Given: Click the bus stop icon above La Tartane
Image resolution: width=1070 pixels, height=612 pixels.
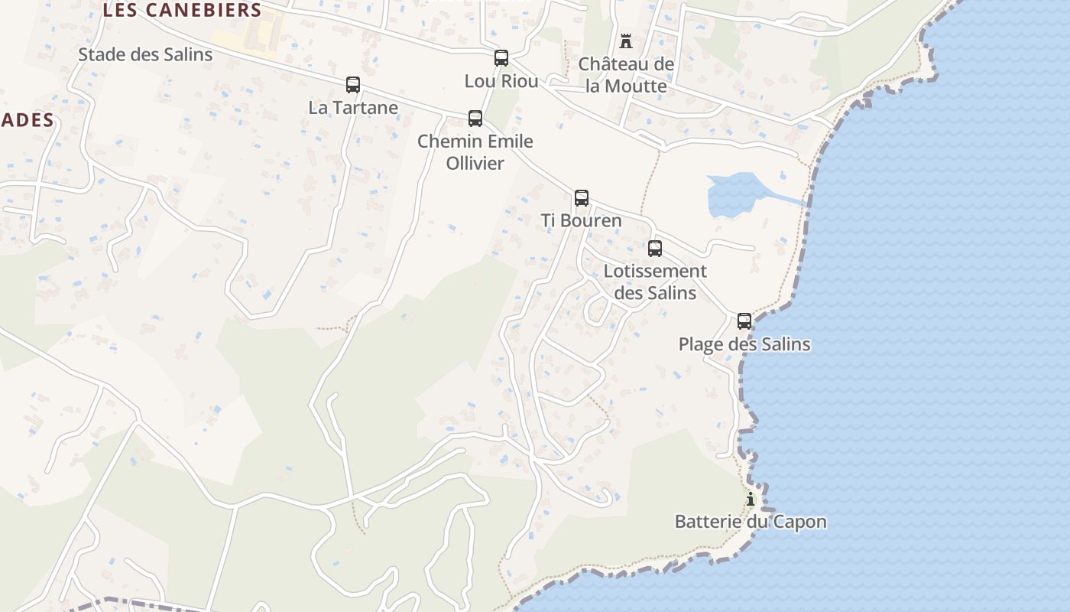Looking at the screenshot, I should coord(353,85).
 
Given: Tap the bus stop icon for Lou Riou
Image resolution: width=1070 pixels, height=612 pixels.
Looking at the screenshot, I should coord(501,58).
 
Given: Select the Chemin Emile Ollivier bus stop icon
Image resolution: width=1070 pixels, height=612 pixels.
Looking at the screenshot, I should coord(475,119).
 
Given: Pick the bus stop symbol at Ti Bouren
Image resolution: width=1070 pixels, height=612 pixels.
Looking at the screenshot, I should coord(582,198).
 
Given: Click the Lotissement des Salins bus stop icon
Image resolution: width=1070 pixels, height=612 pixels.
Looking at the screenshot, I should coord(655,249).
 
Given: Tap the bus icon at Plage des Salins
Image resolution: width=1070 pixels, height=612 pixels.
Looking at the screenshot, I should coord(744,321).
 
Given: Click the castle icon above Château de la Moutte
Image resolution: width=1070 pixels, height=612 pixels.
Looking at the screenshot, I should coord(626,41).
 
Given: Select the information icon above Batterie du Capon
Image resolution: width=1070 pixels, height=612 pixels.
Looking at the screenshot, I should coord(751,500).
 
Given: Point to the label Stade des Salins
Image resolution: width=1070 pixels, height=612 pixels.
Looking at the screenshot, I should coord(145,54).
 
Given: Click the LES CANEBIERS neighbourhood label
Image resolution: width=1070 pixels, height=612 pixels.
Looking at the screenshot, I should coord(182,11).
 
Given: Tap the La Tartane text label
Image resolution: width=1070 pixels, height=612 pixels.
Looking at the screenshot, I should coord(353,107).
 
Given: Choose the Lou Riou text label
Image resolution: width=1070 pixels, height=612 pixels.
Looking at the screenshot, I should coord(501,80).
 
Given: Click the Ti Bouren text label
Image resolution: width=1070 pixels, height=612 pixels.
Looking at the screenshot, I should coord(582,220).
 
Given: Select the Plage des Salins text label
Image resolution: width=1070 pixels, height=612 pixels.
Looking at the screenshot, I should coord(744,343).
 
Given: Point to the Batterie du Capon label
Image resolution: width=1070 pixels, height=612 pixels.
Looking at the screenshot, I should coord(751,522).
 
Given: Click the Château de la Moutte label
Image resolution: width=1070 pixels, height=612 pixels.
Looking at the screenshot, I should coord(626,75).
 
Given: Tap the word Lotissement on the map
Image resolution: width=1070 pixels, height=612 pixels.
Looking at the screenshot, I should coord(655,271).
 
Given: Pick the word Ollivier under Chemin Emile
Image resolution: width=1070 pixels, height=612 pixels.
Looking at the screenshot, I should coord(475,163).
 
